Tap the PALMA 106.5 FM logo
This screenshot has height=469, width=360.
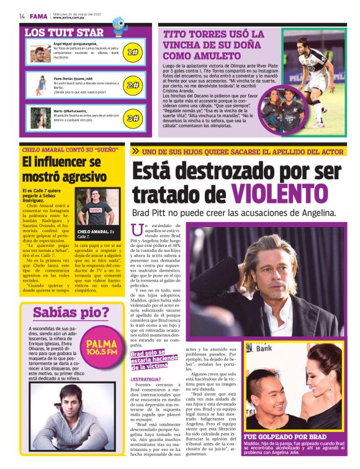coord(102,347)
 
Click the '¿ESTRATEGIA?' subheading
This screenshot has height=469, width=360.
coord(146,379)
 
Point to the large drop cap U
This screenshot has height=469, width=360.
coord(137,231)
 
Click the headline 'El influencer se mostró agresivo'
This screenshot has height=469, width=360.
coord(61,169)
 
